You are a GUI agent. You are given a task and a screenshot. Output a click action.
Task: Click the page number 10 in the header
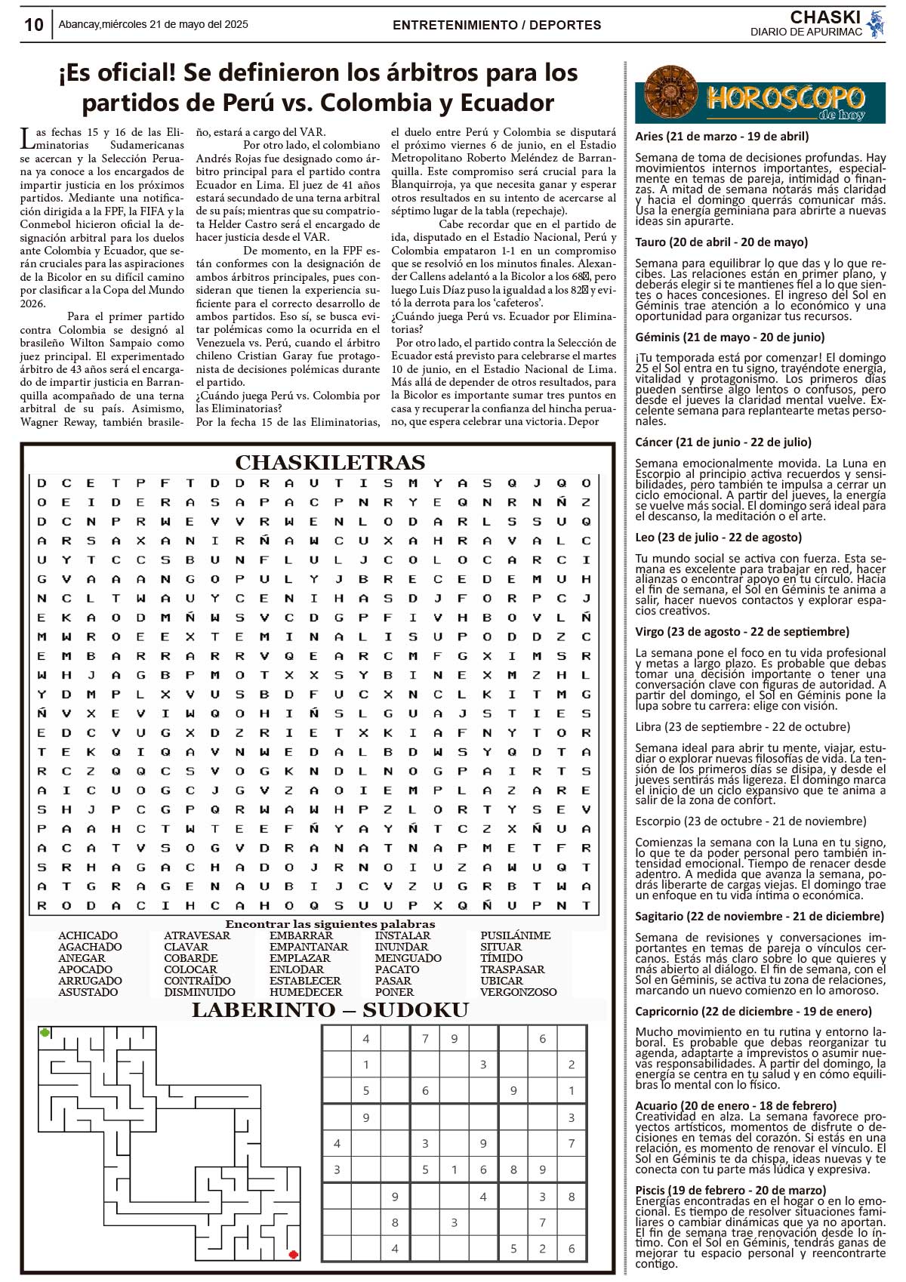click(34, 25)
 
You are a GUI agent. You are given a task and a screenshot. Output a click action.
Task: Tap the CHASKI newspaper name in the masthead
click(825, 17)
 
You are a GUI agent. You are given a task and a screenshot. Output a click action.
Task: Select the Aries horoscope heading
click(722, 137)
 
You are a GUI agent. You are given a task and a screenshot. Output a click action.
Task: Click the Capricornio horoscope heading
click(753, 1011)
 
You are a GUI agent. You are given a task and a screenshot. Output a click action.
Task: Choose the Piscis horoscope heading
click(730, 1191)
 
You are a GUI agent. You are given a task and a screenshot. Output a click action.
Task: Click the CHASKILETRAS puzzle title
click(330, 462)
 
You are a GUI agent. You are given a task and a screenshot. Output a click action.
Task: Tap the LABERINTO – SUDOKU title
click(330, 1010)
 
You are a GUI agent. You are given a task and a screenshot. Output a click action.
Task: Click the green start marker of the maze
click(45, 1032)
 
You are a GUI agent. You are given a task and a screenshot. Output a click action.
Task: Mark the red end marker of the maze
click(293, 1255)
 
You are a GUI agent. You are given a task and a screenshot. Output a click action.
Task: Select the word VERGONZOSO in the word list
click(519, 992)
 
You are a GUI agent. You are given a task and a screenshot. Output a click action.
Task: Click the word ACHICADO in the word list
click(88, 935)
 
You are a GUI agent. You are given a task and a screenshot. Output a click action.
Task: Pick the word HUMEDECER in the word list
click(306, 992)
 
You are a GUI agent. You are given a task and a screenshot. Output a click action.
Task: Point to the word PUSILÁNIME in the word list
click(516, 935)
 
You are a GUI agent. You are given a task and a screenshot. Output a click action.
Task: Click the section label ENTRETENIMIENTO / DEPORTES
click(497, 25)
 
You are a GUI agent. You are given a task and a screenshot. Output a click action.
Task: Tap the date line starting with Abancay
click(153, 24)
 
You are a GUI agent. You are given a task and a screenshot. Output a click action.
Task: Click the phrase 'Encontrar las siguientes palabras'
click(330, 924)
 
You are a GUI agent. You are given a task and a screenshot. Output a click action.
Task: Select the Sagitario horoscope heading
click(760, 917)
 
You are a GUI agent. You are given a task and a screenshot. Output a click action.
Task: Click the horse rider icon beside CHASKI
click(875, 23)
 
